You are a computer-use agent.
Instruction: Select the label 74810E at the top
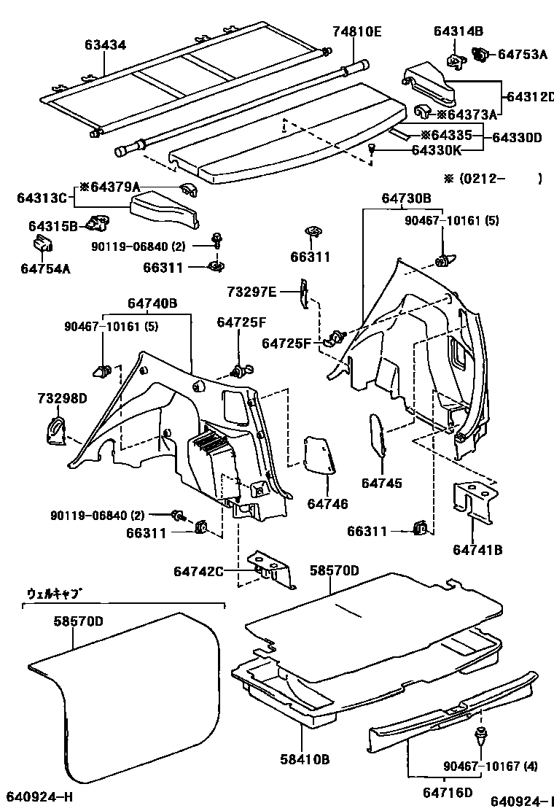point(357,31)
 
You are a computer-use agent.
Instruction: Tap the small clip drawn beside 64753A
point(482,53)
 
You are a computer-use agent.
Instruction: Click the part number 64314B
point(458,31)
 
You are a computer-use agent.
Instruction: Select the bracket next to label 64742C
point(270,568)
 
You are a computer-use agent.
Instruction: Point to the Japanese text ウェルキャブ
point(53,594)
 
